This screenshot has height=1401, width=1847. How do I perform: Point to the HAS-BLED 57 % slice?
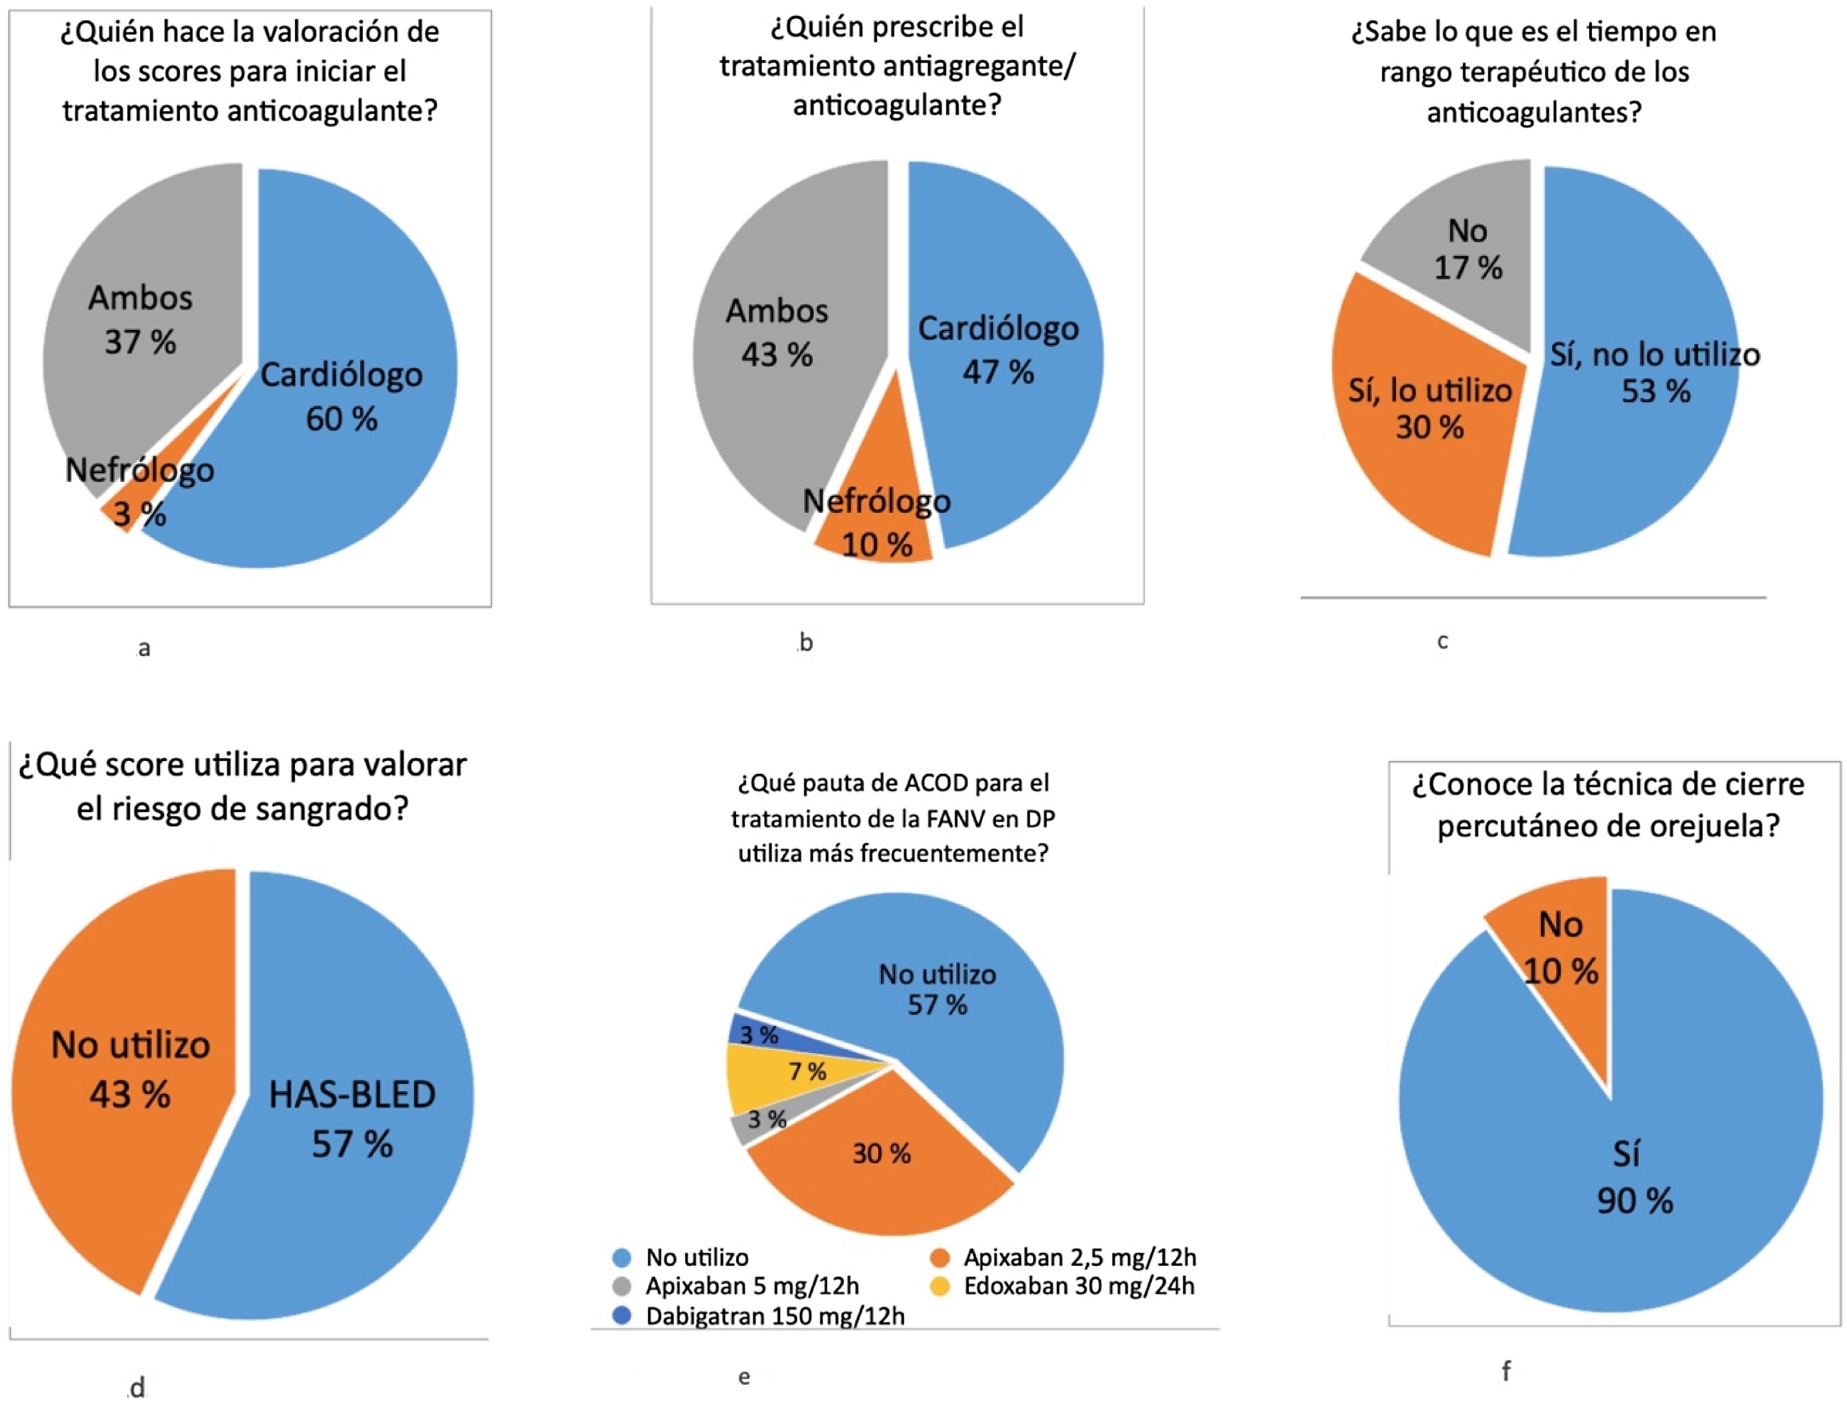point(351,1119)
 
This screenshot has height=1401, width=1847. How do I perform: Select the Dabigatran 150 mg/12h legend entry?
point(775,1316)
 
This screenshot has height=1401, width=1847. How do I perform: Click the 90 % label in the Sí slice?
point(1635,1201)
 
